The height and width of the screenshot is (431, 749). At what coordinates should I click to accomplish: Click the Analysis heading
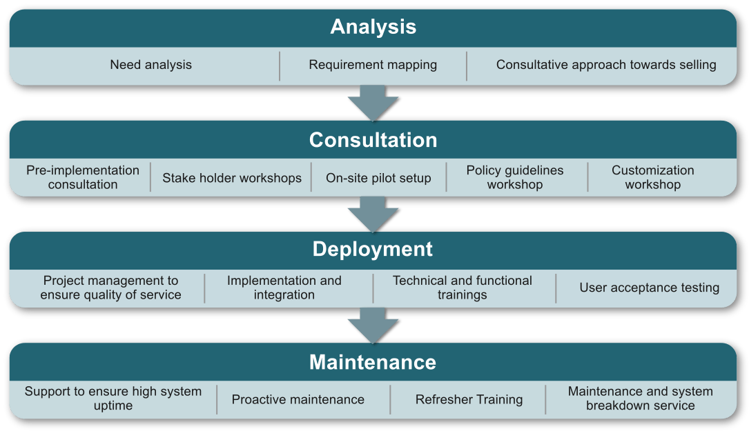click(x=373, y=27)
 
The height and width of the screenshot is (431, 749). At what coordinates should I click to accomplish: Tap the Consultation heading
click(x=373, y=140)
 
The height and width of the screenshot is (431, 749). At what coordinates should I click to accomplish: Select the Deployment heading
click(x=373, y=249)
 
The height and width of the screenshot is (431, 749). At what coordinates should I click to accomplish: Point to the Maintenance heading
click(x=373, y=362)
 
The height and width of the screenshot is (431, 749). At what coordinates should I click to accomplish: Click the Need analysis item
click(x=150, y=65)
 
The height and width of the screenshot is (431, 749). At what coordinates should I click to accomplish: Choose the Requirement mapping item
click(x=373, y=65)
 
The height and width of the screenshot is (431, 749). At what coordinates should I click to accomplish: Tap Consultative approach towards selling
click(x=606, y=65)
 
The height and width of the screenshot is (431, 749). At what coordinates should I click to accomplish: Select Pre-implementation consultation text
click(x=83, y=177)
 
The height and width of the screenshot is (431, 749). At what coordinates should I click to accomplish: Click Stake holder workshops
click(x=232, y=178)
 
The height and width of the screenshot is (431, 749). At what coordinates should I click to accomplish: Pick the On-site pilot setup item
click(x=378, y=178)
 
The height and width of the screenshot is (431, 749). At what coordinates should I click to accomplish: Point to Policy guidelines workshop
click(x=515, y=177)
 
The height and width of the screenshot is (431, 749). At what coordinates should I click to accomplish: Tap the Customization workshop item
click(x=653, y=177)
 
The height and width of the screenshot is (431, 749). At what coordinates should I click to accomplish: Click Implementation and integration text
click(x=284, y=288)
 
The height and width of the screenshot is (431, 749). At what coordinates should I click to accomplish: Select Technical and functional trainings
click(x=463, y=288)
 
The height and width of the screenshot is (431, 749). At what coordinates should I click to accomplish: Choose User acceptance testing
click(x=650, y=288)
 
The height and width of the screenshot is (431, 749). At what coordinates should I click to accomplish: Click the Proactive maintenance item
click(x=298, y=399)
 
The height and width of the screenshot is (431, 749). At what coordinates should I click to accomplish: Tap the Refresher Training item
click(x=469, y=399)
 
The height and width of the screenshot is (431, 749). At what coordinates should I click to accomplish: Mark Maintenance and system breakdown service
click(x=641, y=399)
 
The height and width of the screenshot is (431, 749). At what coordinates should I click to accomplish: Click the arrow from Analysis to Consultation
click(x=373, y=103)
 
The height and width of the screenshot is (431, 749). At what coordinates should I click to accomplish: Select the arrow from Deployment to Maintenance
click(x=373, y=325)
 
